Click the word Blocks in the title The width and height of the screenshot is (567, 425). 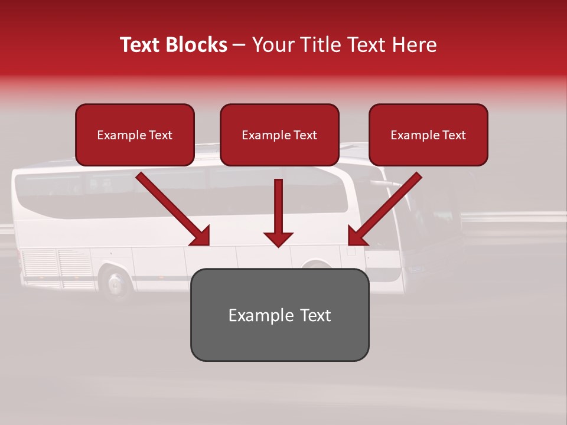[x=197, y=45]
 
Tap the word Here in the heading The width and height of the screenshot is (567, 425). [x=415, y=45]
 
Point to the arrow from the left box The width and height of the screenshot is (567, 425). [x=174, y=210]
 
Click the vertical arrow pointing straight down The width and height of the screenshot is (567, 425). [x=279, y=212]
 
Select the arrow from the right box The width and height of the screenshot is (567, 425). [x=385, y=210]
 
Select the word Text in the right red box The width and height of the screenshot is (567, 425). [x=454, y=135]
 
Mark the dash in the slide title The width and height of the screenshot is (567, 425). [x=239, y=45]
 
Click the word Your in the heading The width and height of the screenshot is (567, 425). [x=272, y=45]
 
